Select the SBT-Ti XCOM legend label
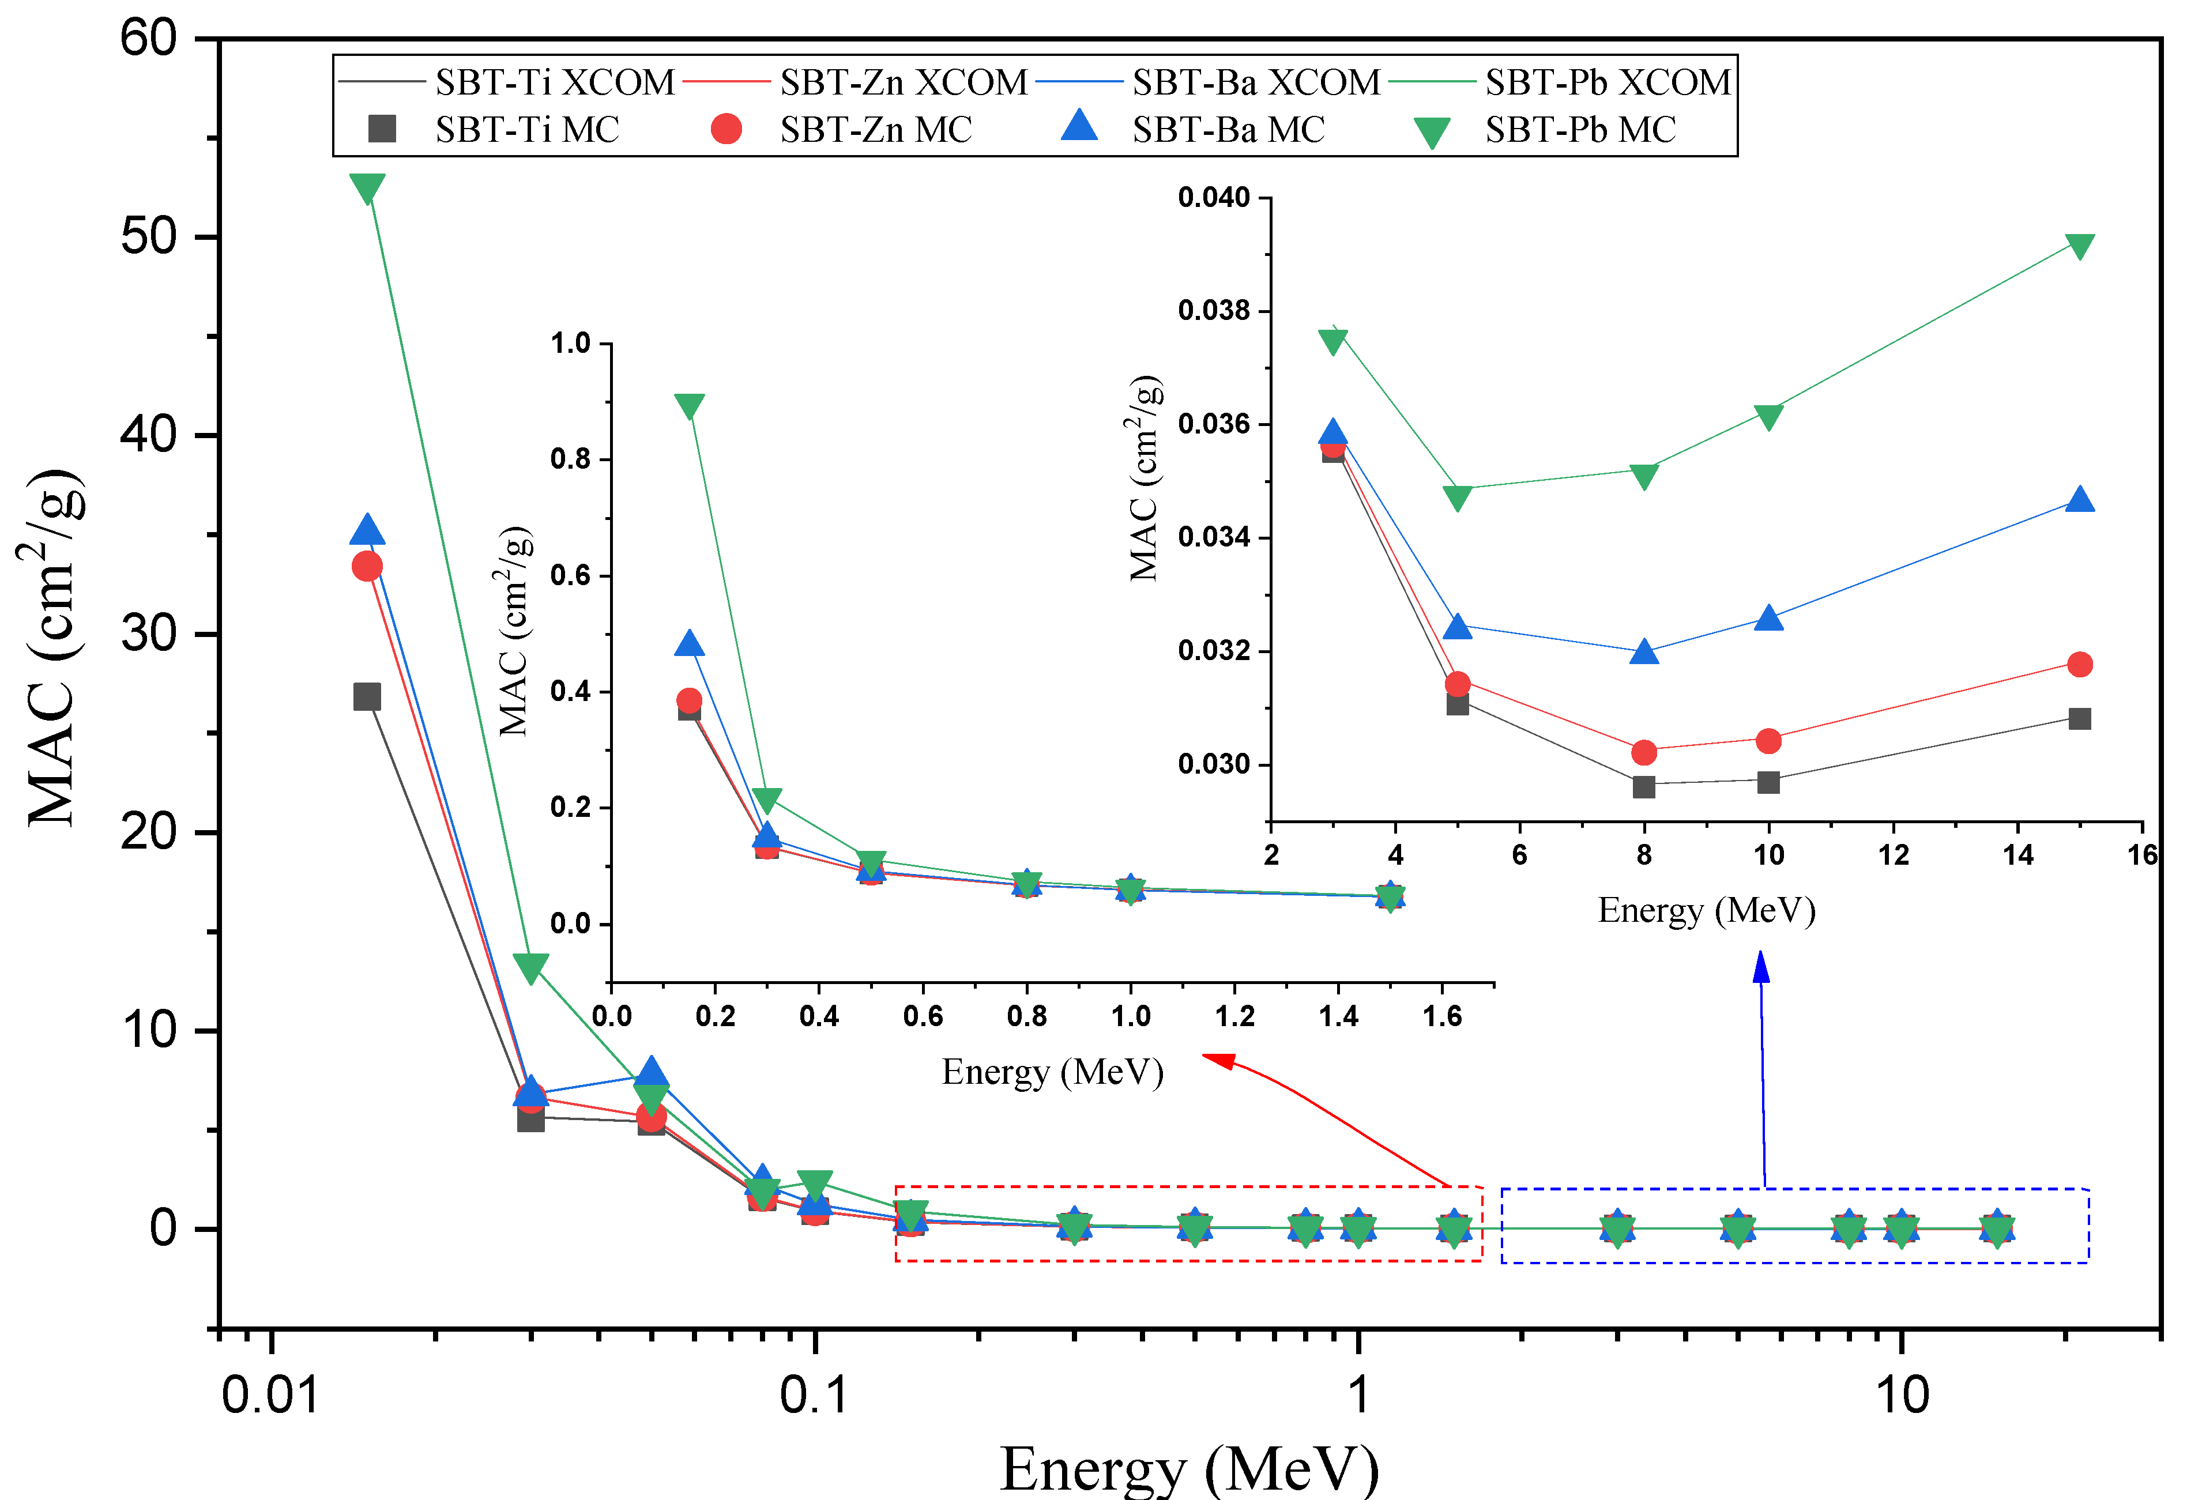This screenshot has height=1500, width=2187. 554,83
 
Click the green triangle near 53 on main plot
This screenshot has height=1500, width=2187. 367,187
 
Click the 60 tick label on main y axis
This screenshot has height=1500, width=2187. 149,40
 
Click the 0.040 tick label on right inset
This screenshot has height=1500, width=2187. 1213,198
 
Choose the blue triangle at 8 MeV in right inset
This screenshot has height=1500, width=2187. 1644,651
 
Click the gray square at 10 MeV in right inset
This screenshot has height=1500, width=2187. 1768,782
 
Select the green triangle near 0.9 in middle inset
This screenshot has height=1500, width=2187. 690,406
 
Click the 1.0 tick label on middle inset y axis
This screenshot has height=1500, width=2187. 570,344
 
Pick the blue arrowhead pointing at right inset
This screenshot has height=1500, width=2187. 1761,966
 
